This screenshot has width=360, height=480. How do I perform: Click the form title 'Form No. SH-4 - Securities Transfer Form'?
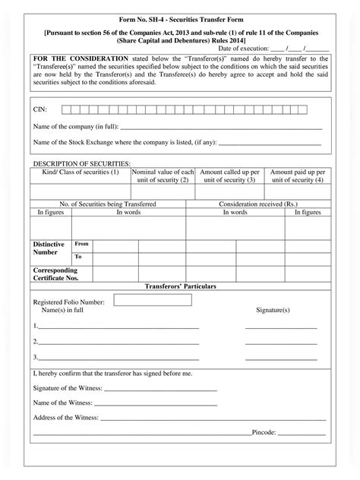tap(179, 17)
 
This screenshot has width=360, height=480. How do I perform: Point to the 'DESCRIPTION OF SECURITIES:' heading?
tap(81, 163)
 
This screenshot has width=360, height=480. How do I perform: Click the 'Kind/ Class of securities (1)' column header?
tap(81, 172)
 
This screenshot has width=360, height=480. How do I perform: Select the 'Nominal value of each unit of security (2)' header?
tap(163, 176)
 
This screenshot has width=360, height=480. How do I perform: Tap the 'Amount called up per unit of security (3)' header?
tap(230, 176)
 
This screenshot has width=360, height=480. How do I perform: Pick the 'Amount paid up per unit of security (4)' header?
tap(298, 176)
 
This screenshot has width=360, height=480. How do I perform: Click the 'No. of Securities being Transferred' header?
tap(108, 204)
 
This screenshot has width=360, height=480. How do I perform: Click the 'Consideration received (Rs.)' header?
tap(258, 204)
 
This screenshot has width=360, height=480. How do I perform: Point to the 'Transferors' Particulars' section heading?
tap(180, 286)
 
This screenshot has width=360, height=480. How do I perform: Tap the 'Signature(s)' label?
tap(273, 311)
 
